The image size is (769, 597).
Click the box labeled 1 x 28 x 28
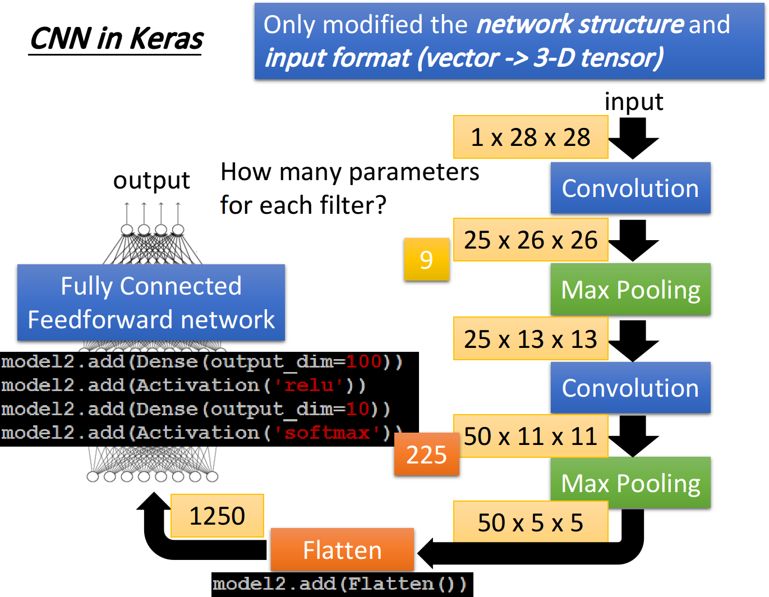[x=530, y=137]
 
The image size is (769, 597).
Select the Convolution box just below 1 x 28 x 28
[x=630, y=188]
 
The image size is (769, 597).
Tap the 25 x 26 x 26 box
[x=530, y=240]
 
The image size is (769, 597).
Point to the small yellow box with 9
[x=426, y=259]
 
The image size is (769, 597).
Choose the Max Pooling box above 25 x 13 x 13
[x=630, y=290]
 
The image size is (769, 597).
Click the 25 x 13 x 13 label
[x=530, y=339]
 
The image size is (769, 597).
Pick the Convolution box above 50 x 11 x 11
[x=630, y=388]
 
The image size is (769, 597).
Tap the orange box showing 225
[x=426, y=454]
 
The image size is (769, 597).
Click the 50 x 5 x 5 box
[x=530, y=522]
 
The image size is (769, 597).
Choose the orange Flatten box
[x=342, y=550]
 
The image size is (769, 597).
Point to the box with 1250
[x=217, y=516]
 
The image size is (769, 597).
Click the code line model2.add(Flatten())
[x=339, y=584]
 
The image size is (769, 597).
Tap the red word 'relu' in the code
[x=308, y=385]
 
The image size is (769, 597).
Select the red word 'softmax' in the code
[x=327, y=433]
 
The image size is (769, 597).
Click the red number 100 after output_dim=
[x=363, y=361]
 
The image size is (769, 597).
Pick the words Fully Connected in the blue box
[x=151, y=286]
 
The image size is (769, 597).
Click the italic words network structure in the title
[x=580, y=25]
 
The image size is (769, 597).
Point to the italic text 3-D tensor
[x=598, y=57]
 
